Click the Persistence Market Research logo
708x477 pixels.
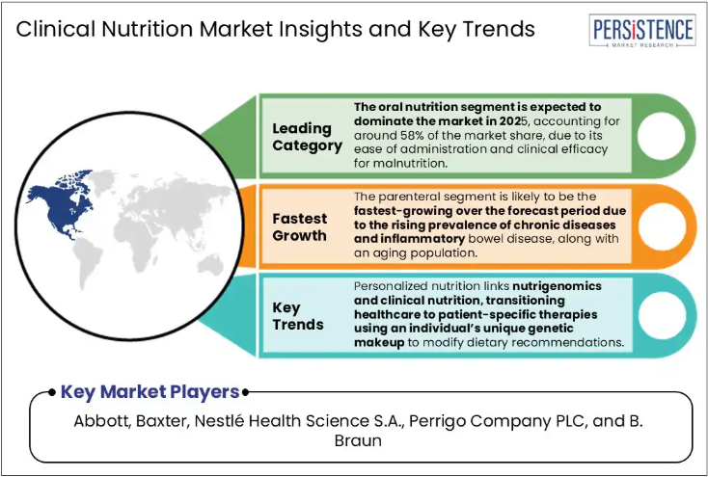click(x=642, y=30)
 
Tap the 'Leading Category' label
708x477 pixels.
click(x=307, y=137)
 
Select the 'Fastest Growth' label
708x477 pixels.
click(x=300, y=227)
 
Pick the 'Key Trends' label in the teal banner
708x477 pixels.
click(x=298, y=316)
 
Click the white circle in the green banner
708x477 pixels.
click(x=661, y=136)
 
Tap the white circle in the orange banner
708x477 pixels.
click(x=662, y=226)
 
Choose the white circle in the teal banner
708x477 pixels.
click(x=662, y=316)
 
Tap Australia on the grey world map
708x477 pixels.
click(x=210, y=264)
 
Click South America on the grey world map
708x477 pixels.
click(x=88, y=262)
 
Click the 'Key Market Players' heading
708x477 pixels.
click(x=150, y=391)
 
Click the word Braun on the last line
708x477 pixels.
click(x=358, y=440)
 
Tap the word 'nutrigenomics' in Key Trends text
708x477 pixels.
click(x=557, y=286)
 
